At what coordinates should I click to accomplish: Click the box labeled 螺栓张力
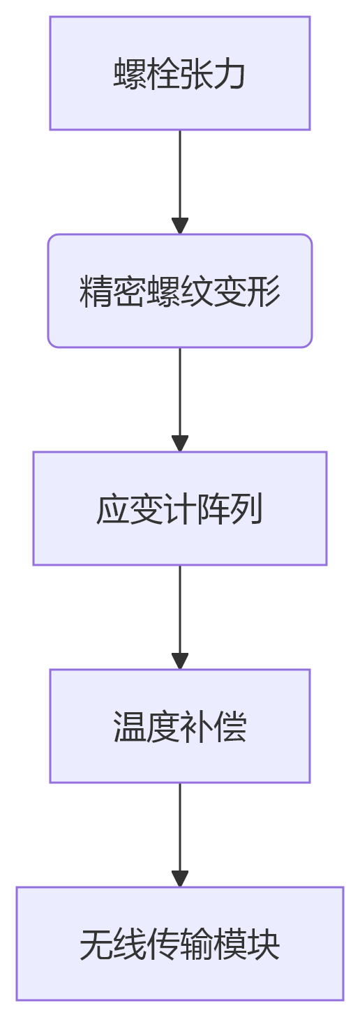coord(179,73)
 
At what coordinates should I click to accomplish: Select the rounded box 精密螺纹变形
coord(179,291)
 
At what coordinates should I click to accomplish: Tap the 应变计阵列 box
coord(179,508)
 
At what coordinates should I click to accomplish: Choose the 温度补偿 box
coord(179,726)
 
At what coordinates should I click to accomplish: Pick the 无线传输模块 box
coord(179,944)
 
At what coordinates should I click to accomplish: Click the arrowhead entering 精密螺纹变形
coord(180,227)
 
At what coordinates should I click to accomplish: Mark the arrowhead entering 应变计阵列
coord(180,444)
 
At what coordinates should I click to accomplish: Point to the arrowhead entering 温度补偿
coord(180,662)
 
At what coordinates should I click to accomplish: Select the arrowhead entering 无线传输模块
coord(180,880)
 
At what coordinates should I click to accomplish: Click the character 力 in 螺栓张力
coord(230,74)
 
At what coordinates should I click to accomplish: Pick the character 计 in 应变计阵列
coord(180,509)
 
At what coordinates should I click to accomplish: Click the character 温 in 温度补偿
coord(130,727)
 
